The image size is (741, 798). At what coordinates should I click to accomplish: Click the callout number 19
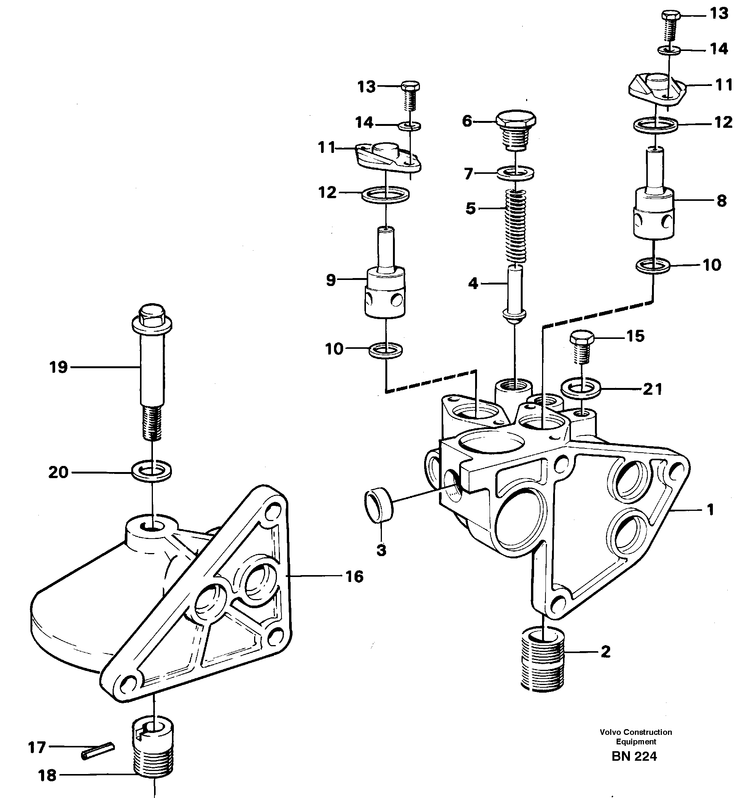point(59,367)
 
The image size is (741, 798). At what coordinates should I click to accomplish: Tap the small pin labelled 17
point(98,751)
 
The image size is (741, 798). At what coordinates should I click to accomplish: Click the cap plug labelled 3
point(379,508)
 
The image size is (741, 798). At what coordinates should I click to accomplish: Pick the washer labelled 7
point(515,173)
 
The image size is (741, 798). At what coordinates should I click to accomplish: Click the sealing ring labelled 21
point(581,389)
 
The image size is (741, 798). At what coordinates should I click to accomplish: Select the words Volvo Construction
point(636,732)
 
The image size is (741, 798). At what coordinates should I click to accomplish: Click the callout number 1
point(710,510)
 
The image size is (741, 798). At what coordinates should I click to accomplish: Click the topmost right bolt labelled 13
point(670,27)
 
